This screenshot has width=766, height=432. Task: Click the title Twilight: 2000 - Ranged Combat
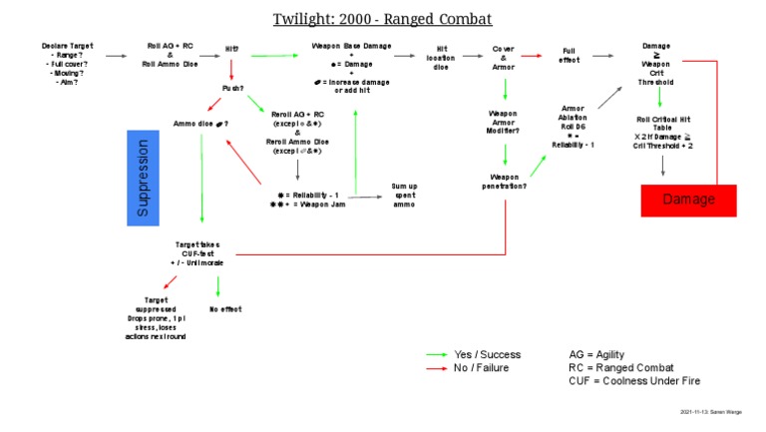[383, 19]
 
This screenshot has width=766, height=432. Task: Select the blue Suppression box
[143, 177]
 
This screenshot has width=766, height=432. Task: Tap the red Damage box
[688, 200]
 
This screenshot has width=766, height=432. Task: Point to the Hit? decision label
[231, 48]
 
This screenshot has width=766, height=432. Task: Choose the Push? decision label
[233, 88]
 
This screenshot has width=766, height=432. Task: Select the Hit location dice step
[440, 57]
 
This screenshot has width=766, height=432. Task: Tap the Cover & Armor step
[503, 57]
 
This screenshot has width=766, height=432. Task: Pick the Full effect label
[569, 57]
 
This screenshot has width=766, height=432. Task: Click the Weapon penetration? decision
[505, 181]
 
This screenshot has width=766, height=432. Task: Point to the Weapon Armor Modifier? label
[503, 122]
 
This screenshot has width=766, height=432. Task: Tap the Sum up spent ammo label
[404, 195]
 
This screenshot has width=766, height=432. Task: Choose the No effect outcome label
[225, 309]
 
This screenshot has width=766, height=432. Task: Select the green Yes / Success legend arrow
[436, 354]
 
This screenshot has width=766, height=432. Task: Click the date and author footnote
[717, 411]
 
